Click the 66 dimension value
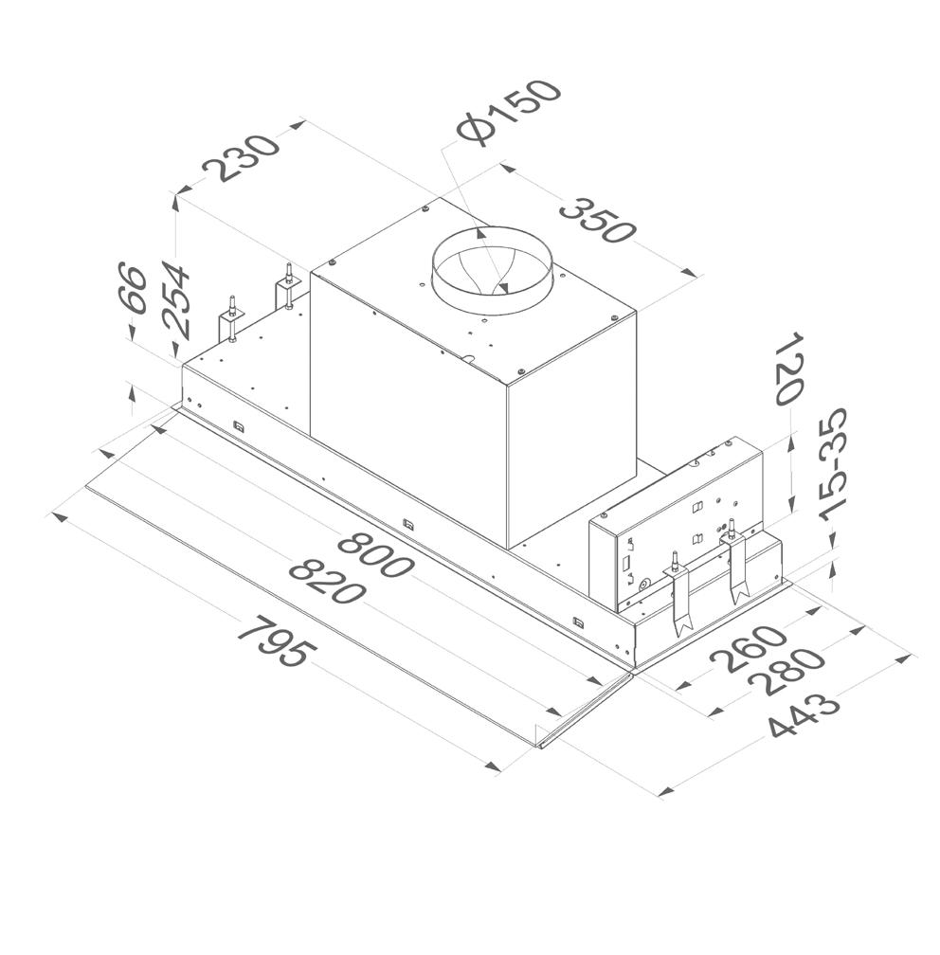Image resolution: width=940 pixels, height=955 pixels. [134, 289]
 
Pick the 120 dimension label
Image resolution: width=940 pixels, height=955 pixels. [789, 368]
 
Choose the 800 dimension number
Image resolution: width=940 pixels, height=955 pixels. [374, 555]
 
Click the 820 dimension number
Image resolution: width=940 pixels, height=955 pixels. [327, 582]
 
